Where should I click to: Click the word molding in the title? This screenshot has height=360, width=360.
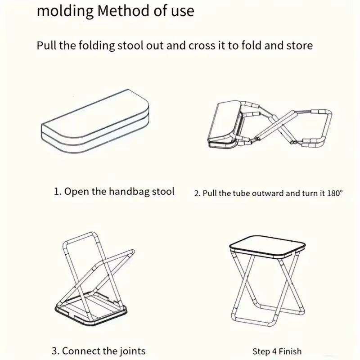tap(64, 11)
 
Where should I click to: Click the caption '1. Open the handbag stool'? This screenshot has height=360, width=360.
tap(114, 191)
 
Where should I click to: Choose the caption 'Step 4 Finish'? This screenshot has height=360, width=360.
tap(277, 351)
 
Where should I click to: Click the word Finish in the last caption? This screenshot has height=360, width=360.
tap(290, 351)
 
